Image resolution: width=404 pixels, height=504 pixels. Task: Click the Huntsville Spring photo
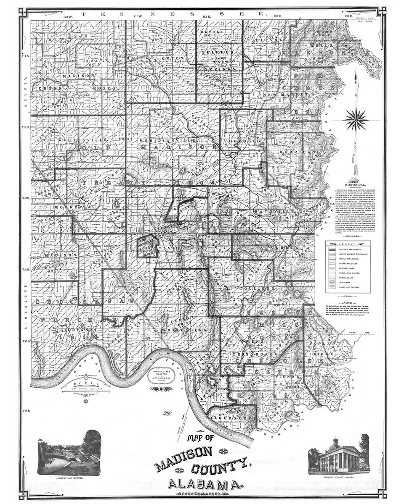tap(69, 452)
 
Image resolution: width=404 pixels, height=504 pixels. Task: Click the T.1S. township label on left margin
tap(26, 56)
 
